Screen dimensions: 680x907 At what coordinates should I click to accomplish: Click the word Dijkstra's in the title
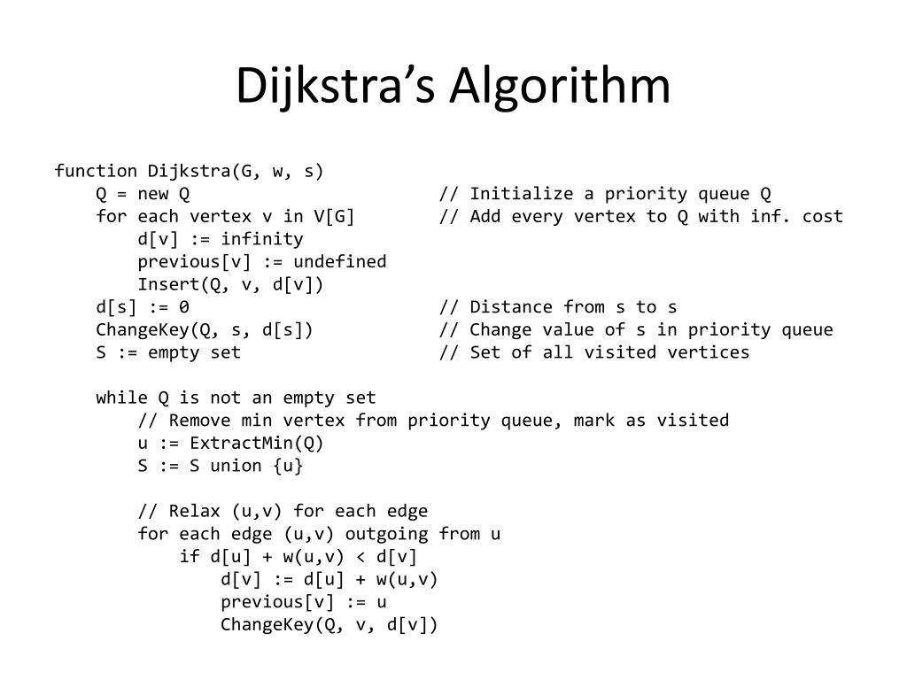(x=337, y=87)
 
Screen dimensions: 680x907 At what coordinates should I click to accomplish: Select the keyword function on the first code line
(x=96, y=171)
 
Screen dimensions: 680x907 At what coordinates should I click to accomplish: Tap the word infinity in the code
(x=262, y=239)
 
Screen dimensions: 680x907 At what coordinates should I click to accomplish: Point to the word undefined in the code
(x=340, y=262)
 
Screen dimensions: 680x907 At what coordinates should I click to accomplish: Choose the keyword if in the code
(x=190, y=557)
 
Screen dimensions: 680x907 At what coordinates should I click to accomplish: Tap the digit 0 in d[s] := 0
(x=183, y=307)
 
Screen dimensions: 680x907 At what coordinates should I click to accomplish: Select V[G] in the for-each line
(x=334, y=217)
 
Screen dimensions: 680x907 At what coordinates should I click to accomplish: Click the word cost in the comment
(x=823, y=217)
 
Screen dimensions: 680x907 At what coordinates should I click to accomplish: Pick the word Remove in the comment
(x=199, y=421)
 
